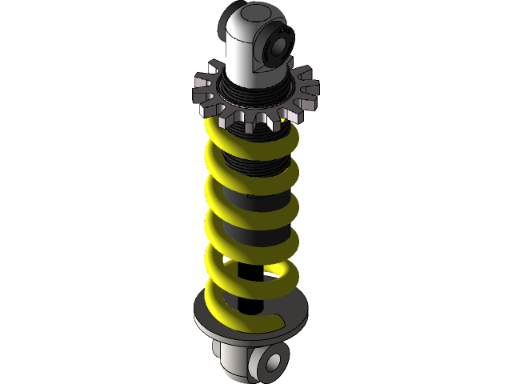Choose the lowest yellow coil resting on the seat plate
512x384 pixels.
pyautogui.click(x=240, y=320)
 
